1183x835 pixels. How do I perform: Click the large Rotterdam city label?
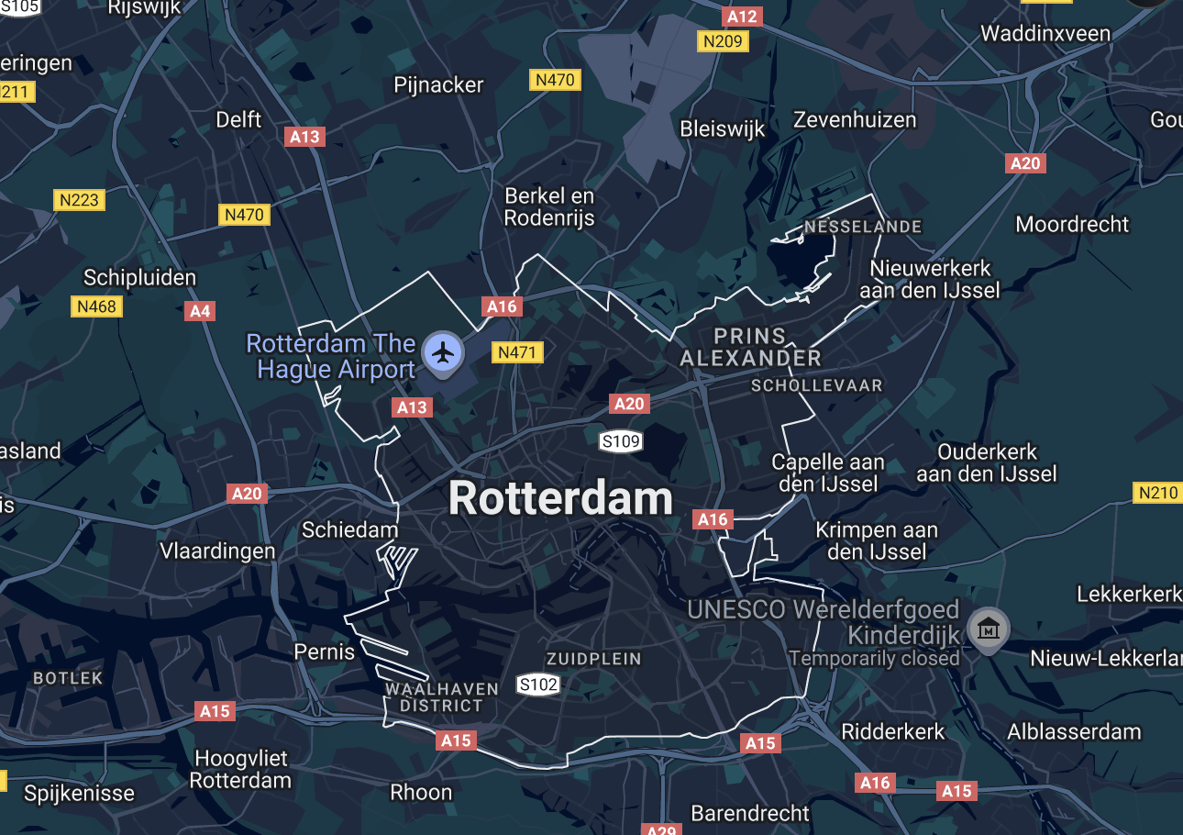pyautogui.click(x=560, y=499)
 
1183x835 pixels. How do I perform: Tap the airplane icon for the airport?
pyautogui.click(x=443, y=351)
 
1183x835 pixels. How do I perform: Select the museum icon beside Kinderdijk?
pyautogui.click(x=988, y=629)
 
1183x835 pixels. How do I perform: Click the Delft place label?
pyautogui.click(x=238, y=119)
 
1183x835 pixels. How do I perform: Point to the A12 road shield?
pyautogui.click(x=742, y=17)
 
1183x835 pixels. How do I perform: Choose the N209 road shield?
pyautogui.click(x=724, y=41)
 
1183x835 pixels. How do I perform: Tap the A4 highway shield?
pyautogui.click(x=200, y=311)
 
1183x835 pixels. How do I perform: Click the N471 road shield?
pyautogui.click(x=518, y=352)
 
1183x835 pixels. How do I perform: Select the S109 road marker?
pyautogui.click(x=620, y=442)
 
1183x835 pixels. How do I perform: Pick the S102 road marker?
pyautogui.click(x=538, y=685)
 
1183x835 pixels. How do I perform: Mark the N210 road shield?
pyautogui.click(x=1157, y=493)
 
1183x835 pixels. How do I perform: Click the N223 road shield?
pyautogui.click(x=79, y=200)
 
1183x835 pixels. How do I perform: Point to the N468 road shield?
pyautogui.click(x=96, y=306)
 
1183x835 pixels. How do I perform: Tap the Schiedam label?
pyautogui.click(x=350, y=529)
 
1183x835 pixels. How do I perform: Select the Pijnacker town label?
pyautogui.click(x=438, y=84)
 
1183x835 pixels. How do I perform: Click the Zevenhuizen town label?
pyautogui.click(x=855, y=119)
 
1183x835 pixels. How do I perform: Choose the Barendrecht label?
pyautogui.click(x=750, y=813)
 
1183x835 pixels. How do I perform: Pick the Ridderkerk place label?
pyautogui.click(x=893, y=732)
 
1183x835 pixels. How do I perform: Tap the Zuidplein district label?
pyautogui.click(x=593, y=659)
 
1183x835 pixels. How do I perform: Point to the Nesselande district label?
pyautogui.click(x=863, y=227)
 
